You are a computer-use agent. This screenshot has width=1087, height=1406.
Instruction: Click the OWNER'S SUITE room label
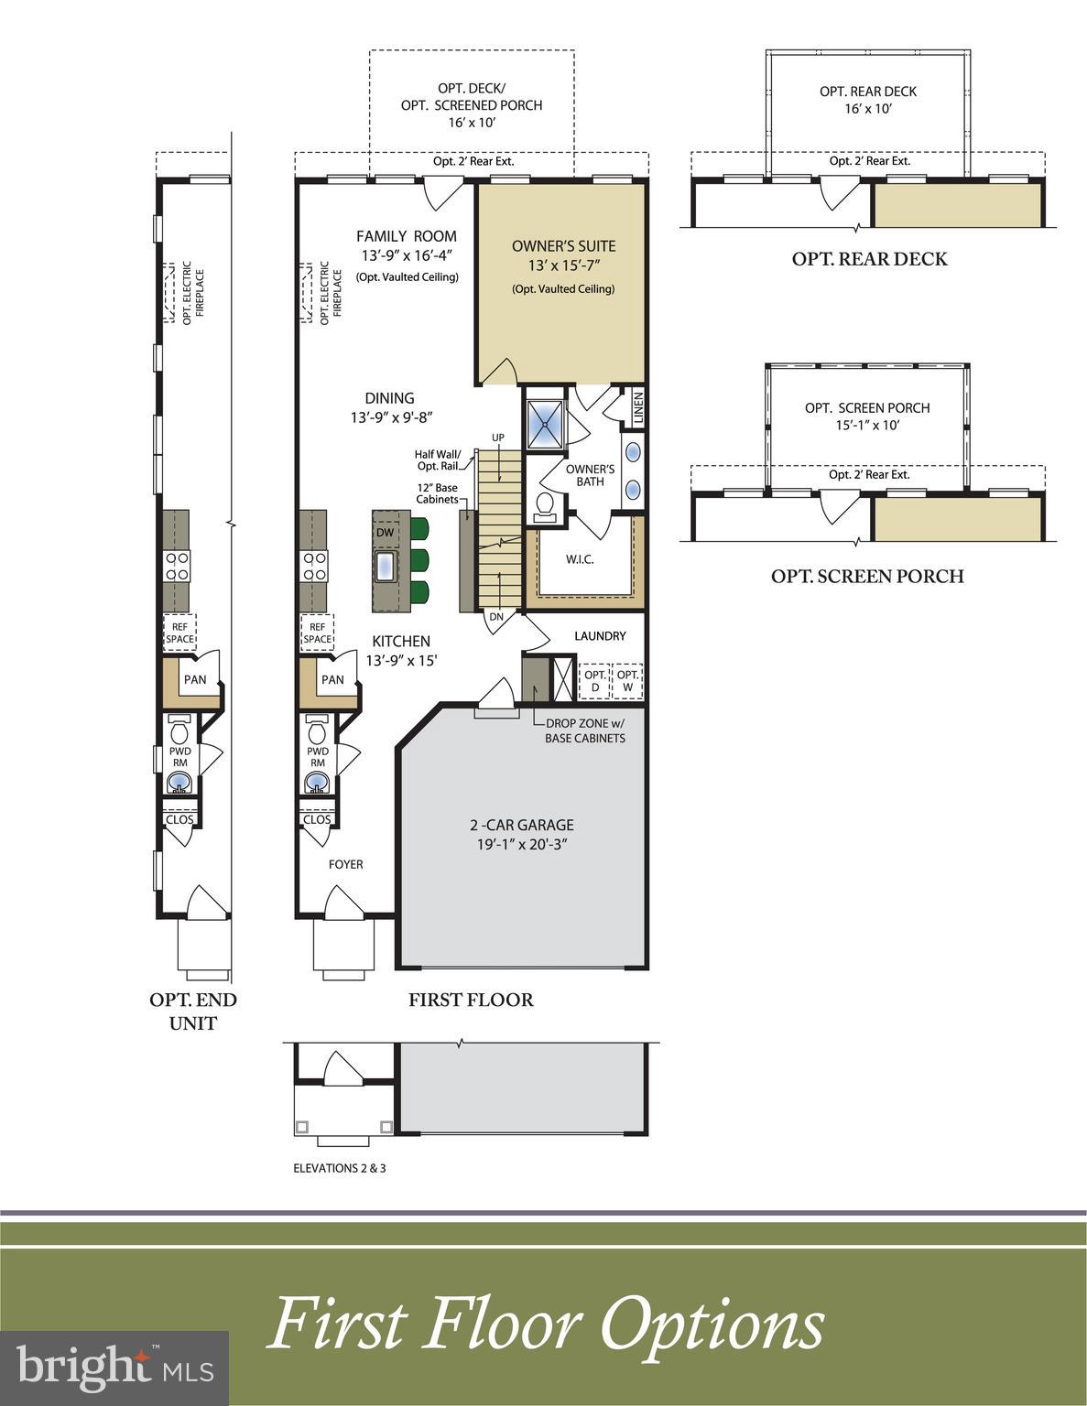click(x=563, y=246)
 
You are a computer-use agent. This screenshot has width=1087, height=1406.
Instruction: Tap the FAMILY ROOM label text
click(x=407, y=236)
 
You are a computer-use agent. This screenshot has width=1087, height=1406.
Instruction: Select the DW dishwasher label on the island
click(x=385, y=533)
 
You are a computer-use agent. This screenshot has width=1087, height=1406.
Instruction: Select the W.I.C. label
click(x=580, y=559)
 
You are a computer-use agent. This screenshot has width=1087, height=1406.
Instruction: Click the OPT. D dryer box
click(x=596, y=681)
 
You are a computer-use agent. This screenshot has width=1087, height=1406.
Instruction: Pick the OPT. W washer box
click(x=628, y=681)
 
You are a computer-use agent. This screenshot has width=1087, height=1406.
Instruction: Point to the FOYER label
click(x=346, y=864)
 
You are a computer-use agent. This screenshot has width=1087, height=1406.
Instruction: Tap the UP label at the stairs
click(x=498, y=438)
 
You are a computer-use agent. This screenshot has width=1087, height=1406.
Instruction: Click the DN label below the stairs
click(x=496, y=617)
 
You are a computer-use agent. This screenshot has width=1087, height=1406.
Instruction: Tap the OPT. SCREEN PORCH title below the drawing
click(x=867, y=576)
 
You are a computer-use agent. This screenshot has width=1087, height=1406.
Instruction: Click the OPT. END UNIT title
click(x=193, y=1011)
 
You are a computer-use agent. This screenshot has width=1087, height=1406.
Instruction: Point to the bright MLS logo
click(x=114, y=1368)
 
